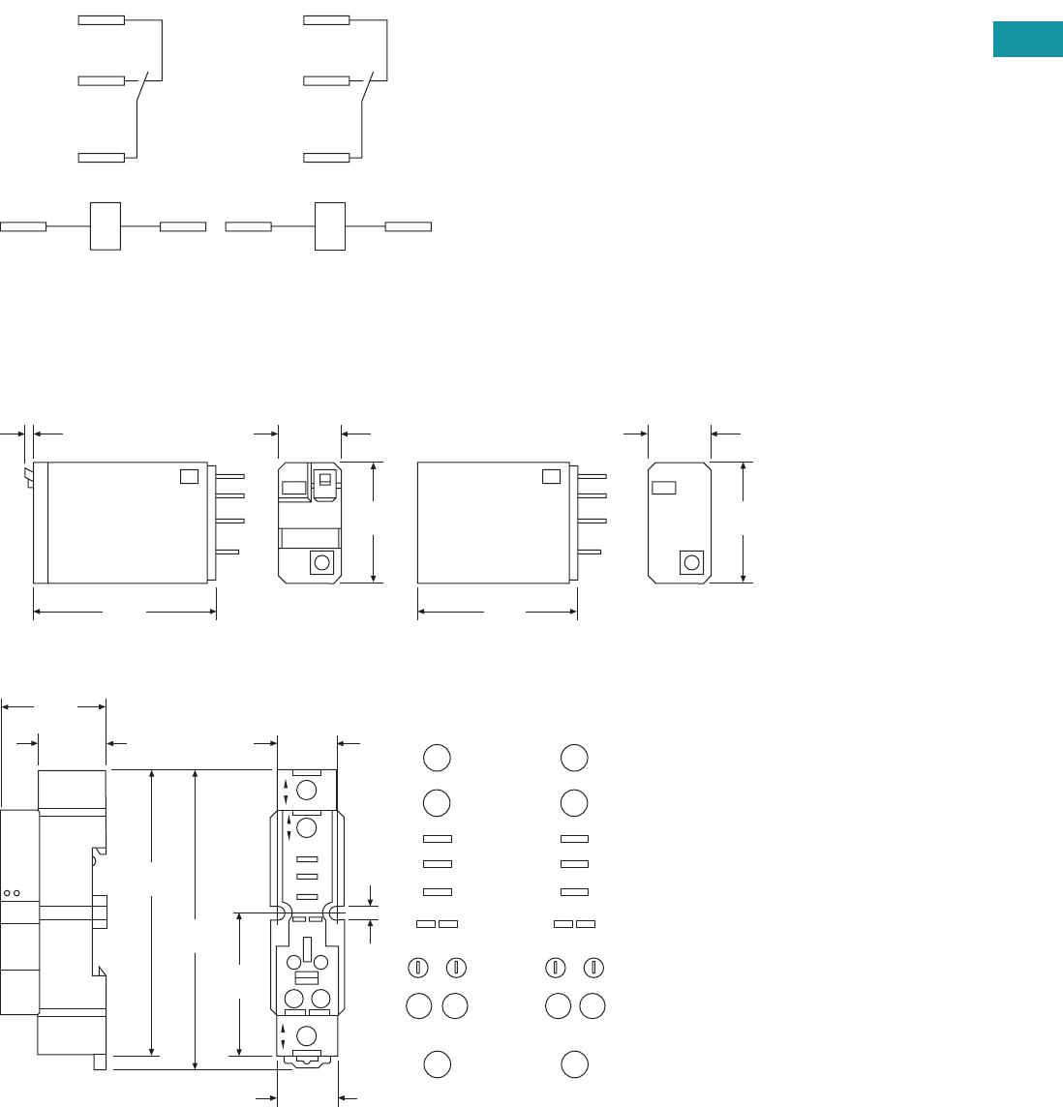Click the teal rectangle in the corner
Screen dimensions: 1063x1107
point(1027,39)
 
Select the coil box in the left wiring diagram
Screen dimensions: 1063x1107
point(105,226)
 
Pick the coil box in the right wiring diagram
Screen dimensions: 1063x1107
point(330,226)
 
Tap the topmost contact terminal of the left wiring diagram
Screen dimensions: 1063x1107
point(101,19)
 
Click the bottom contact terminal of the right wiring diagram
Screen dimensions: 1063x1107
point(326,158)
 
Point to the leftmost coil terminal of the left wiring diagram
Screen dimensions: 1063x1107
point(23,226)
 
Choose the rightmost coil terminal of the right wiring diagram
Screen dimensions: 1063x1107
point(408,226)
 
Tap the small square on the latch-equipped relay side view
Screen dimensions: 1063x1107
point(190,476)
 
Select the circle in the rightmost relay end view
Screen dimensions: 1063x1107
point(691,562)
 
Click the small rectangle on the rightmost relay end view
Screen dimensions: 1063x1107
point(663,488)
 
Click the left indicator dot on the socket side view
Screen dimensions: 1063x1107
point(8,892)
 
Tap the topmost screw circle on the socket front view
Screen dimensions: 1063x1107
point(307,791)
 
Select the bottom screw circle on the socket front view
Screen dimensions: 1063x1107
point(307,1034)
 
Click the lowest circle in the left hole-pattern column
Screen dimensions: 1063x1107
point(437,1063)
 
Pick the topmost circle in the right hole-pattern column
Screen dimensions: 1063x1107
point(574,758)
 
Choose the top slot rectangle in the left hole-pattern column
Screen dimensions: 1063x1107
point(438,838)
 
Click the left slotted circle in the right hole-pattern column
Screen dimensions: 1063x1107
point(556,966)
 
